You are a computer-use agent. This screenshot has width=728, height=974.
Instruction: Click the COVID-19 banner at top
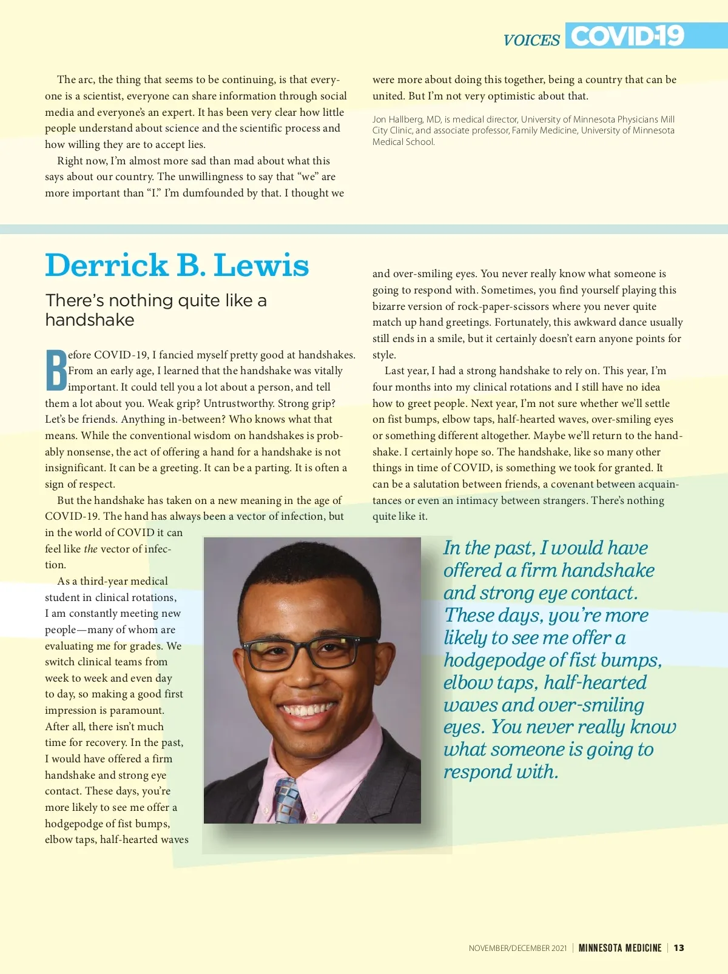pyautogui.click(x=627, y=36)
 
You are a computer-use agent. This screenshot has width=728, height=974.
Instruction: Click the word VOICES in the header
pyautogui.click(x=531, y=40)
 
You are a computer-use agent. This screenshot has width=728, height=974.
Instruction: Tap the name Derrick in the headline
pyautogui.click(x=107, y=266)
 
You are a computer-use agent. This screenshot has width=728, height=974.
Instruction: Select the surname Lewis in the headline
pyautogui.click(x=261, y=266)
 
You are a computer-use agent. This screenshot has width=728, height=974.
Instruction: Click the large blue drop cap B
pyautogui.click(x=56, y=371)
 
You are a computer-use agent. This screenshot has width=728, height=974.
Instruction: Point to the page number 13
pyautogui.click(x=679, y=948)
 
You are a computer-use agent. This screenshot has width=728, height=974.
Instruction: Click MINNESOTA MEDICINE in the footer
pyautogui.click(x=620, y=948)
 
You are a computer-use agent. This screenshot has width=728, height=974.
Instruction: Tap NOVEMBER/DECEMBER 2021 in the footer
pyautogui.click(x=517, y=948)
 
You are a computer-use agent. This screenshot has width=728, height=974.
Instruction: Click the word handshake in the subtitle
pyautogui.click(x=90, y=320)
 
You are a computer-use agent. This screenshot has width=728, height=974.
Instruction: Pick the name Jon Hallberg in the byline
pyautogui.click(x=397, y=119)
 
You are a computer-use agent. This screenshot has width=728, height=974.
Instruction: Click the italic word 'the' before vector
pyautogui.click(x=90, y=549)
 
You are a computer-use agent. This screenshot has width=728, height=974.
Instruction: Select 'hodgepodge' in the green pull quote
pyautogui.click(x=492, y=660)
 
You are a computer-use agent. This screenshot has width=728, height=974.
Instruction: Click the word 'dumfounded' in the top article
pyautogui.click(x=214, y=193)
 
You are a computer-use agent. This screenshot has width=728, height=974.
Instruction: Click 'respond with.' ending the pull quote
pyautogui.click(x=500, y=772)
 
